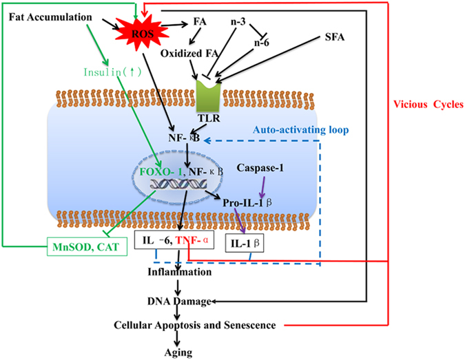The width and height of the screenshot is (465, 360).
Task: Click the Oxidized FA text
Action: [x=185, y=52]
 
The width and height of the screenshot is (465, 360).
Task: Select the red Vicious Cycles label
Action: [x=425, y=106]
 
